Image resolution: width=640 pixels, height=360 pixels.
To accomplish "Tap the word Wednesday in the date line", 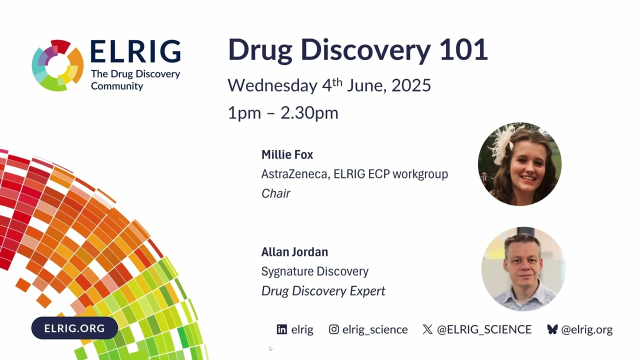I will [x=272, y=85].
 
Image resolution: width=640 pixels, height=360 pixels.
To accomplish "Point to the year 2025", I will [x=411, y=85].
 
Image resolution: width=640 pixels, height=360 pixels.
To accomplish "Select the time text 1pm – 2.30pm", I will [x=283, y=112].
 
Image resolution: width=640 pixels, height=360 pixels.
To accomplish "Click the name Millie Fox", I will [x=287, y=155].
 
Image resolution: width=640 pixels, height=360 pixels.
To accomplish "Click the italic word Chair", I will [x=275, y=193].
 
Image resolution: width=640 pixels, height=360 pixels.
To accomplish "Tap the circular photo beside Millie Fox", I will [x=519, y=164].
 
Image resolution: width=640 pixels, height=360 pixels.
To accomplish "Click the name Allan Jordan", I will [x=294, y=252].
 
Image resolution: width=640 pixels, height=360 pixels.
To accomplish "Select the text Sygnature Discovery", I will [x=314, y=271].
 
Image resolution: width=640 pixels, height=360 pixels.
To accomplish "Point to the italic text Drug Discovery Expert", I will [x=323, y=291].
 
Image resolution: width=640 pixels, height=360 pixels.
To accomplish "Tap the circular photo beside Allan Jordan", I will [x=523, y=269].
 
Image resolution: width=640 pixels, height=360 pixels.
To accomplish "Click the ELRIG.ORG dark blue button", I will [x=74, y=328].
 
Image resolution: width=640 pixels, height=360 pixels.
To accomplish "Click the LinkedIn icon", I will [x=282, y=329].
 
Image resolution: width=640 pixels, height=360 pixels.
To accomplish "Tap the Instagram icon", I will [x=334, y=329].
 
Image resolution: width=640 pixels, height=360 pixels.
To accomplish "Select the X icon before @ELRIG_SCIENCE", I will [x=427, y=329].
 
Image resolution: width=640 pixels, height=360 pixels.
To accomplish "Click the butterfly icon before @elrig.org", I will [x=552, y=329].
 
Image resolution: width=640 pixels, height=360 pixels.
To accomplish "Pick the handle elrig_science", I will [x=375, y=330].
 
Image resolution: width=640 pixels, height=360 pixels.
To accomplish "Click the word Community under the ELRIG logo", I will [x=117, y=86].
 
